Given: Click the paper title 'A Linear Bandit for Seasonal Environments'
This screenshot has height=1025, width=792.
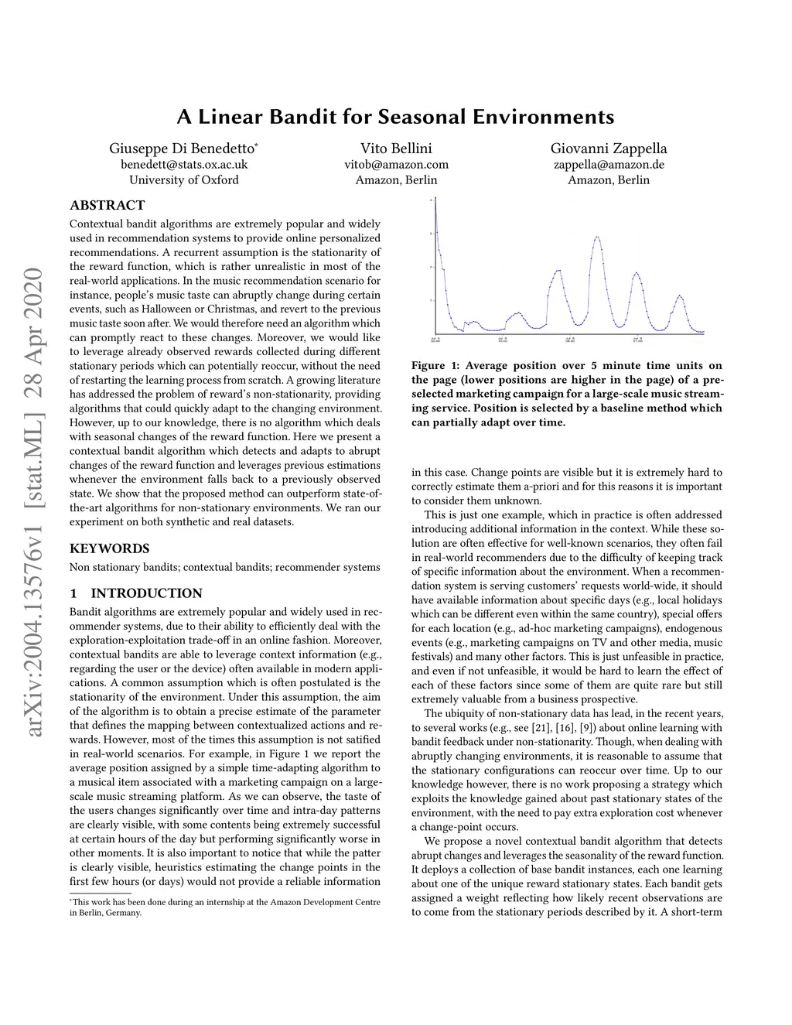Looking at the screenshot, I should tap(395, 117).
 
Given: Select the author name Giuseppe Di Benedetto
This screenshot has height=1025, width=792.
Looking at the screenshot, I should tap(183, 148).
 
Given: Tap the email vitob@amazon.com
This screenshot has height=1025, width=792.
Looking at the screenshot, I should tap(396, 164).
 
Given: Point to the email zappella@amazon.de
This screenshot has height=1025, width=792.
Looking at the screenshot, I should tap(609, 164).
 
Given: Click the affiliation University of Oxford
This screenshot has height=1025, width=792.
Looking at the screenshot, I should tap(183, 179).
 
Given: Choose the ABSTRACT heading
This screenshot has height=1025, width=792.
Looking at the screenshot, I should tap(108, 205).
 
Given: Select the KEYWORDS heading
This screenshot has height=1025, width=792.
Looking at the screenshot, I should tap(110, 548).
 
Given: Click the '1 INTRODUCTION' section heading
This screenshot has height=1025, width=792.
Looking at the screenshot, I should tap(136, 593).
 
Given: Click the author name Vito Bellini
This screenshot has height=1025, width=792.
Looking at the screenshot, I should tap(396, 148).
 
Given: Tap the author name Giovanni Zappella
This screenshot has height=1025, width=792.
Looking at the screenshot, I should tap(609, 148).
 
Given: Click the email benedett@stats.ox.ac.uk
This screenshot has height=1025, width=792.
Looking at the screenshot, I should tap(183, 164).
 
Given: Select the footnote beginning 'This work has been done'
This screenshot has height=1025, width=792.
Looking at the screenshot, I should tap(224, 907).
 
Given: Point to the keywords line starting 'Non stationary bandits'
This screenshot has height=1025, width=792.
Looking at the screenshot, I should tap(224, 567).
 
